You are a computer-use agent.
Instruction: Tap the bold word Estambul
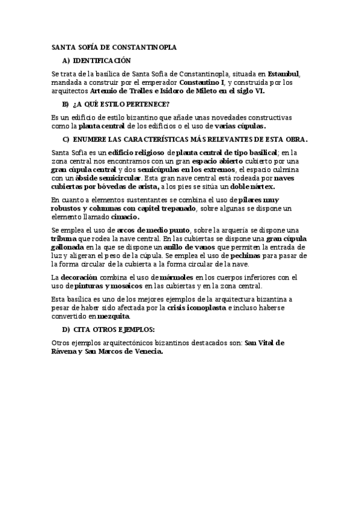pos(283,75)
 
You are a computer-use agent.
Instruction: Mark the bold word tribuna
pos(64,239)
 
